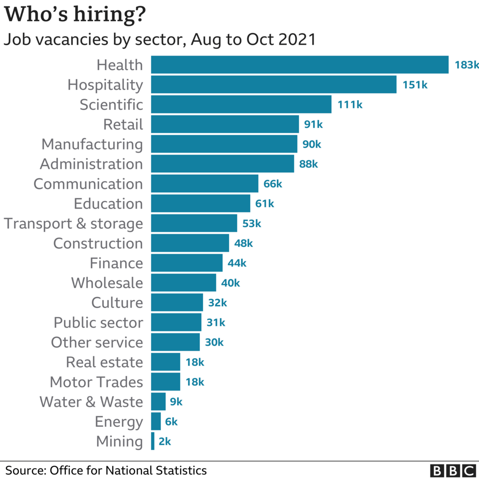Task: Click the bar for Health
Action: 299,65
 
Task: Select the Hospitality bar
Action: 273,84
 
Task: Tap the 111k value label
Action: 349,105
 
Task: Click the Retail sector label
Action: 123,124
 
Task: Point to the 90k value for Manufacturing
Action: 312,144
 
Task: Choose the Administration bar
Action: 222,164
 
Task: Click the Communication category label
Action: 88,184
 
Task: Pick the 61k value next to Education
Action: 265,204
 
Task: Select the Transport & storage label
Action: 74,224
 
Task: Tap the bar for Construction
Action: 190,243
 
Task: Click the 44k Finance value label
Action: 237,263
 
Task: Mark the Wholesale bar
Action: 184,283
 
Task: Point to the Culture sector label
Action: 117,303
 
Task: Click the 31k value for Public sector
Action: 215,322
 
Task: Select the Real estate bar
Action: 165,362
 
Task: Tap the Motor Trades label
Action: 97,382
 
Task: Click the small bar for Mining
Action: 153,441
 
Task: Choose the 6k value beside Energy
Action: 171,422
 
